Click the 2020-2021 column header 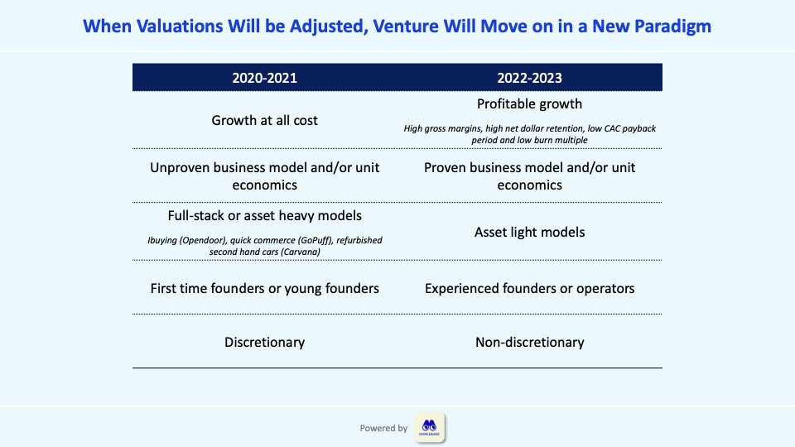point(265,78)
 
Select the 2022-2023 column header point(529,78)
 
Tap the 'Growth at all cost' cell point(265,121)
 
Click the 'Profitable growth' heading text point(529,104)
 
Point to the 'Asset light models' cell point(529,232)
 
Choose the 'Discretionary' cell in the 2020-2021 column point(265,343)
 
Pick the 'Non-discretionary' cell point(529,343)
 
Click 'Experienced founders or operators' point(529,288)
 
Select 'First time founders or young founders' point(265,288)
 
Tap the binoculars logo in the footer point(430,427)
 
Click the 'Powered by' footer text point(383,428)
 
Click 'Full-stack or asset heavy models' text point(265,216)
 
